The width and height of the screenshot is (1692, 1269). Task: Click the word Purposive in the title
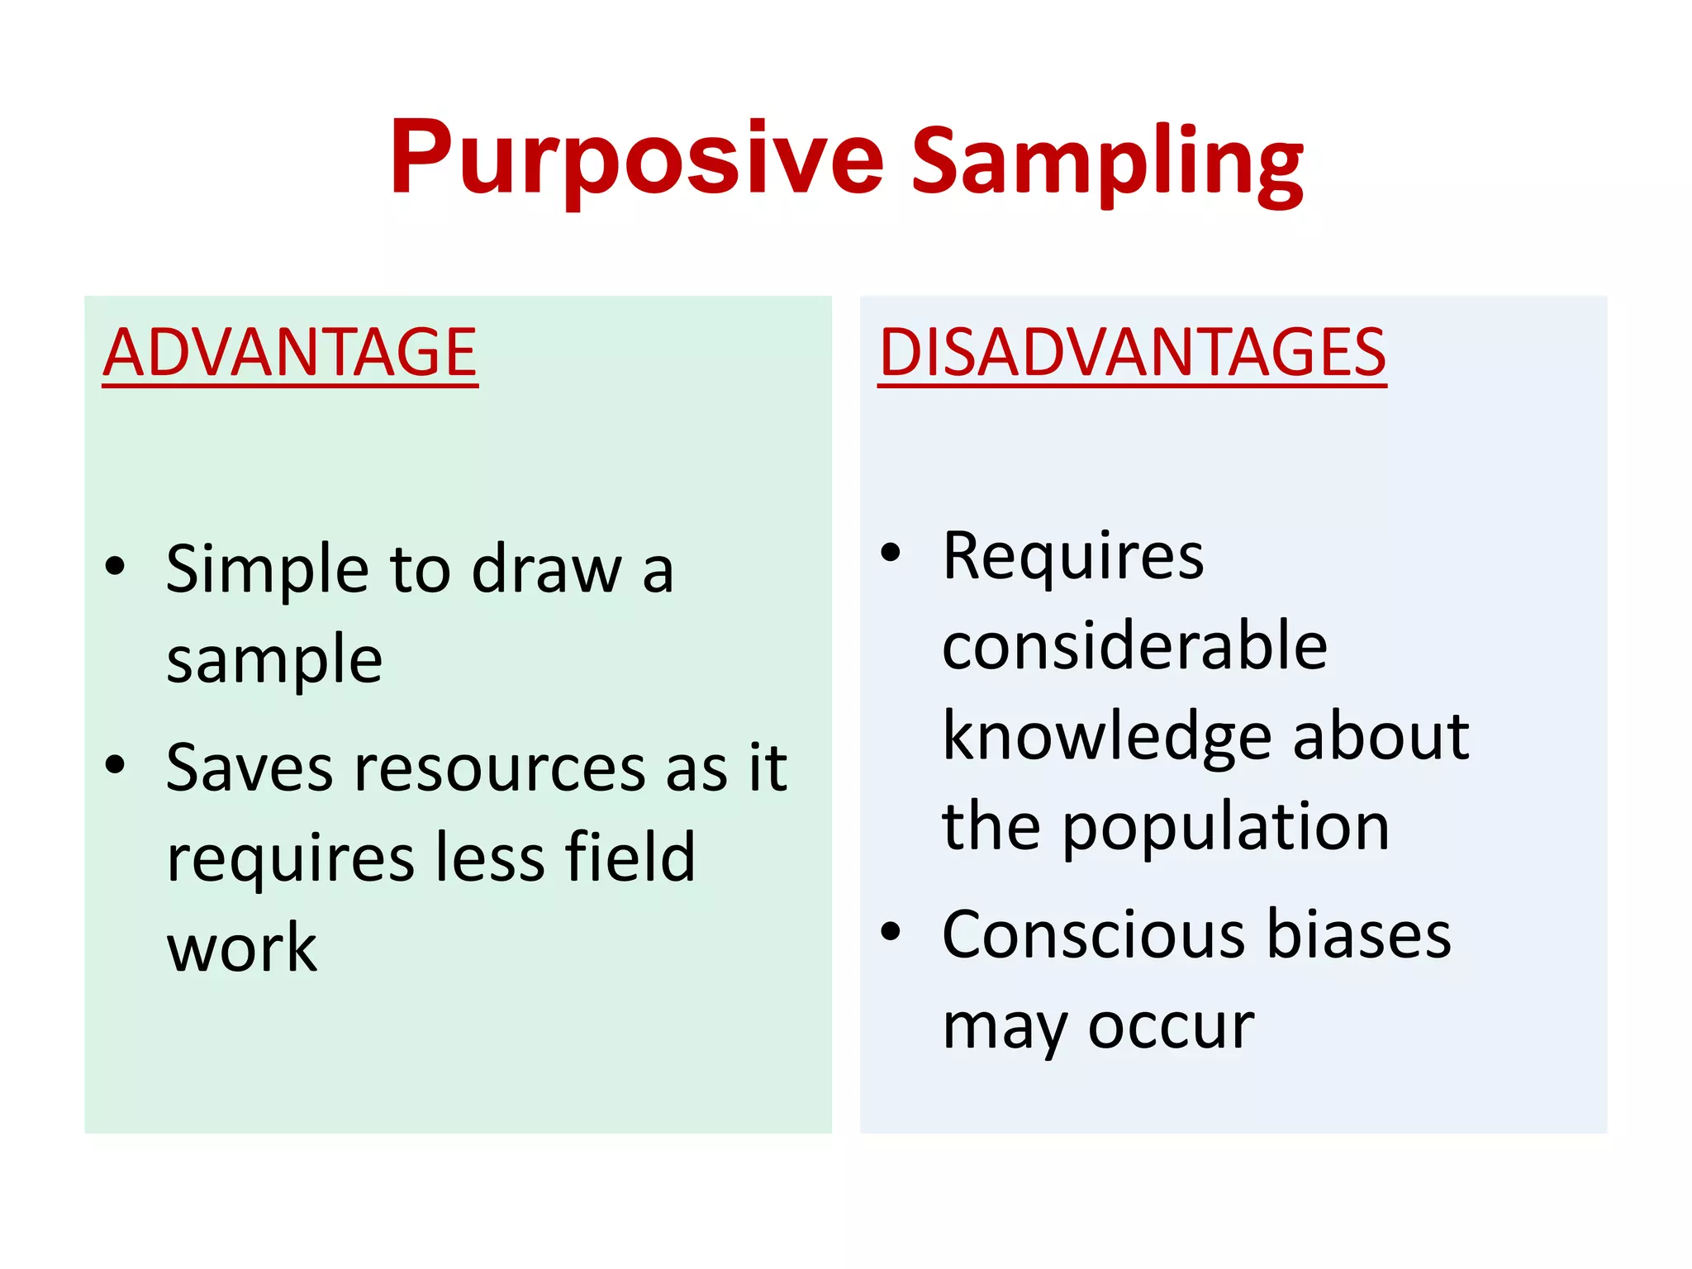(x=636, y=159)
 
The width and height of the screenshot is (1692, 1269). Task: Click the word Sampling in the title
(x=1107, y=161)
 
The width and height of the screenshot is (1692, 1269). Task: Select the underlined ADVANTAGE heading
(x=290, y=353)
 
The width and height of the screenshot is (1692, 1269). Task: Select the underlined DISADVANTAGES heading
(x=1132, y=353)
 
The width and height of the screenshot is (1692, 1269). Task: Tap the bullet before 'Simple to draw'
(x=116, y=567)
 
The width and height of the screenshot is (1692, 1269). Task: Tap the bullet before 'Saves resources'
(x=116, y=765)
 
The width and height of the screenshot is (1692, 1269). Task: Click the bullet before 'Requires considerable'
(x=890, y=552)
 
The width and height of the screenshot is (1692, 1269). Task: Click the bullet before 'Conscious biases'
(x=890, y=932)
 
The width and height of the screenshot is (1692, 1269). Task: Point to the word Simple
(x=267, y=570)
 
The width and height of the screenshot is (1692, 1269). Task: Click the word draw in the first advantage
(x=546, y=570)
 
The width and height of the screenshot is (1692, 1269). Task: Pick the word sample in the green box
(x=274, y=661)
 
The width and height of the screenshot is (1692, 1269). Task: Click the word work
(x=241, y=948)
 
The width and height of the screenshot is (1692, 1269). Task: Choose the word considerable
(x=1134, y=646)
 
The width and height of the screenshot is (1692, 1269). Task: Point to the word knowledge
(x=1106, y=737)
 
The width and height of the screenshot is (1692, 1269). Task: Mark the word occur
(x=1171, y=1028)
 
